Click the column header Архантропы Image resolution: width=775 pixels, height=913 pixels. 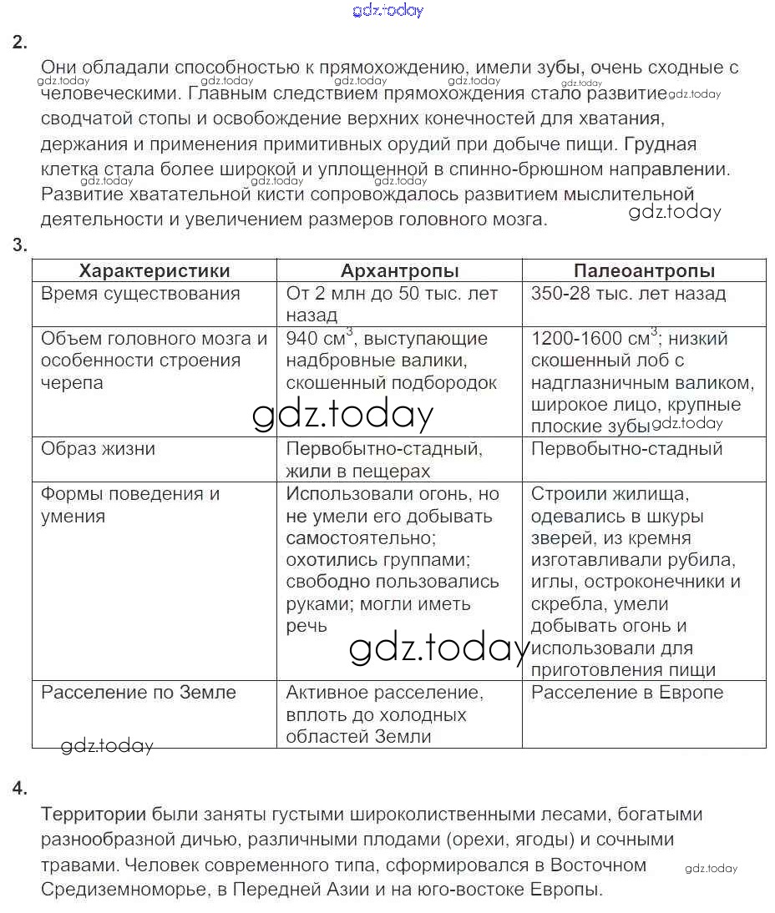pyautogui.click(x=399, y=271)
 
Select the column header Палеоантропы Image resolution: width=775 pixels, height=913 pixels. pyautogui.click(x=644, y=271)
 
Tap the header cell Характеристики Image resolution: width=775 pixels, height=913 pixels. pyautogui.click(x=154, y=271)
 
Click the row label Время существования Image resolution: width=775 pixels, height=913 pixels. pyautogui.click(x=140, y=294)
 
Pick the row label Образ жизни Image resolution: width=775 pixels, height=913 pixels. pyautogui.click(x=98, y=449)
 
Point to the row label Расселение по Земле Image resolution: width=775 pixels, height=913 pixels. pyautogui.click(x=139, y=693)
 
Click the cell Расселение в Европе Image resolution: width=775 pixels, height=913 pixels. pyautogui.click(x=627, y=693)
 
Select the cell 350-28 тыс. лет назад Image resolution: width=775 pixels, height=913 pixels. pyautogui.click(x=628, y=294)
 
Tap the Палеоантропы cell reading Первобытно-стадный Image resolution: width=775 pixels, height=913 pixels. pyautogui.click(x=626, y=449)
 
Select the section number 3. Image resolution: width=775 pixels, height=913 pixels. pyautogui.click(x=20, y=245)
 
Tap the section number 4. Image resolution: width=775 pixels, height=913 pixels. pyautogui.click(x=20, y=789)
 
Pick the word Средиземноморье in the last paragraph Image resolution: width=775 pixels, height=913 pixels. pyautogui.click(x=117, y=889)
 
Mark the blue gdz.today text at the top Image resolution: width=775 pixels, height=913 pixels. pyautogui.click(x=388, y=10)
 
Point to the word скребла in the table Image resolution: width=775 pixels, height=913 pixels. pyautogui.click(x=563, y=604)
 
